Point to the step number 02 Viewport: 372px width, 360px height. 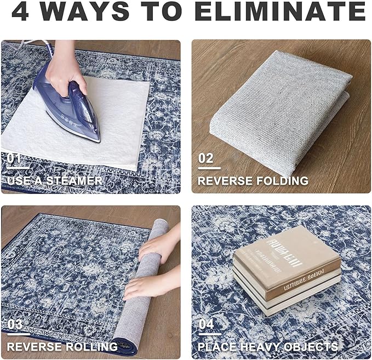(205, 159)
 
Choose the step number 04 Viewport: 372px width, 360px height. (206, 324)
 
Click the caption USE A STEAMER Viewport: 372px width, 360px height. (54, 181)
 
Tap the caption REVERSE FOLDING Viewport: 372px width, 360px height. (253, 181)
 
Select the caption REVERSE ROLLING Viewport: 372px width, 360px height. (62, 346)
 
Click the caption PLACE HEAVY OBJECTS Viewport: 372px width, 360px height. (267, 346)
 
